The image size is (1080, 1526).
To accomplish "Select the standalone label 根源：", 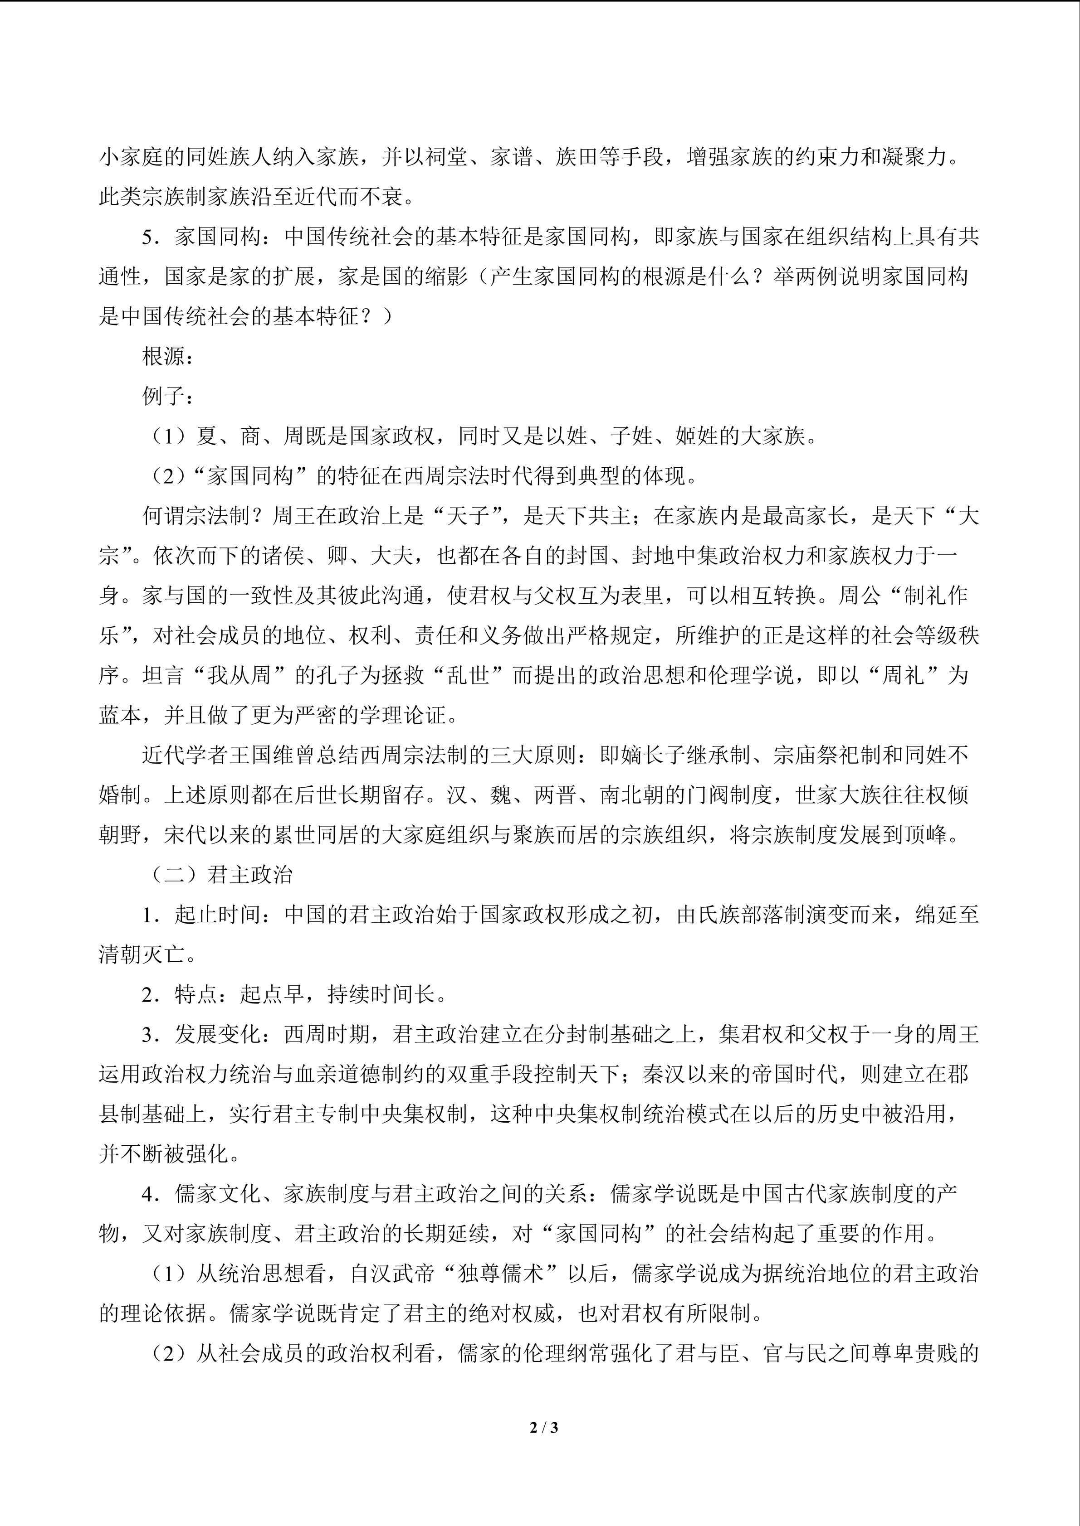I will tap(168, 357).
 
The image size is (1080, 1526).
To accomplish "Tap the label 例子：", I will tap(168, 397).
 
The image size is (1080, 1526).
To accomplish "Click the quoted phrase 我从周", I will tap(239, 675).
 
